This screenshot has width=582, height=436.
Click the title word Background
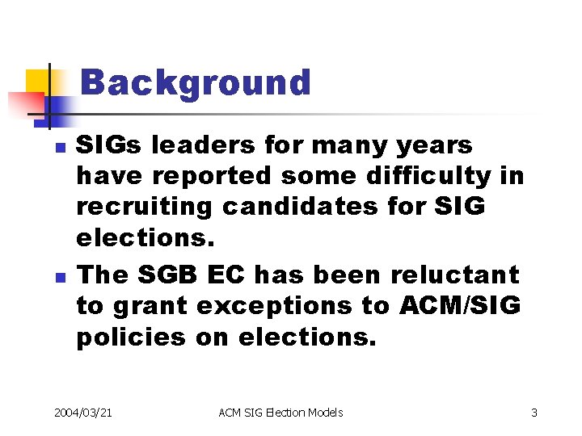(x=196, y=82)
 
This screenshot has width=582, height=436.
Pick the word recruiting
(x=145, y=207)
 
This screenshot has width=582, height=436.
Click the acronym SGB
(x=171, y=275)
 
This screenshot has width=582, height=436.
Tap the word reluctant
(x=456, y=275)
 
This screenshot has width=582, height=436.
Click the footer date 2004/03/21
(x=83, y=413)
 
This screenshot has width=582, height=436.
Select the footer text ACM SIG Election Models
(x=280, y=413)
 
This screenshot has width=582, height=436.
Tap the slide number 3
(x=534, y=413)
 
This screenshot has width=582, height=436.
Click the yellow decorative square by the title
(x=36, y=81)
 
